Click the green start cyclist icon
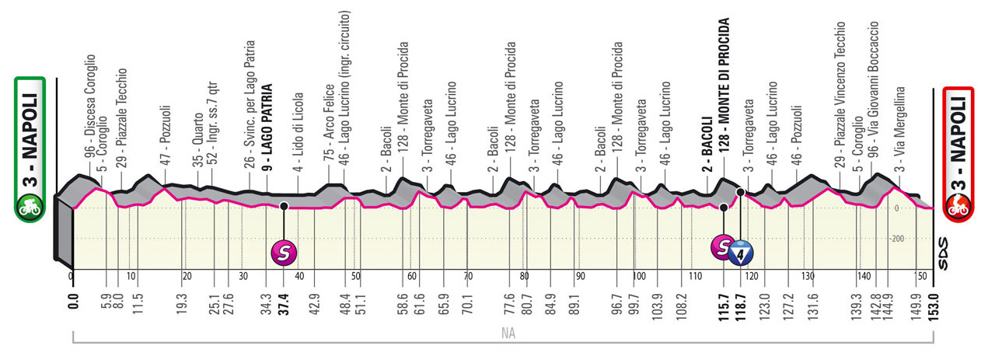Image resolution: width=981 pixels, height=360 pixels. tap(29, 207)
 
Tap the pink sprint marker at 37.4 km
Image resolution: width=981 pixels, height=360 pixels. tap(284, 251)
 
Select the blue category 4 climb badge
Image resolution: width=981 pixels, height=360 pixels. tap(742, 253)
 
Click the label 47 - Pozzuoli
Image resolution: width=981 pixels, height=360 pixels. tap(165, 145)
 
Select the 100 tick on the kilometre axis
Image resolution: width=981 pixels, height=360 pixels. tap(638, 275)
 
